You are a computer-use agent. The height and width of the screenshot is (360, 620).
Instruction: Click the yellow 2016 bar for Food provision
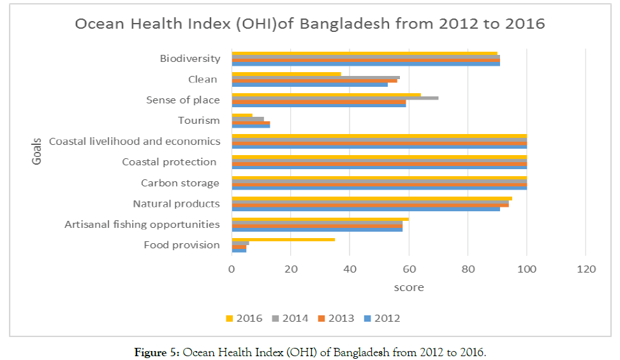click(283, 239)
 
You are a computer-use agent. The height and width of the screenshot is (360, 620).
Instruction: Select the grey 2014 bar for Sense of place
click(335, 98)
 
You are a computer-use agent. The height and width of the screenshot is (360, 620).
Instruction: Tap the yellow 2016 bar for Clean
click(286, 74)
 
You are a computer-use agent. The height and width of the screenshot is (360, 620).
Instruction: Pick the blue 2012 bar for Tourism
click(251, 126)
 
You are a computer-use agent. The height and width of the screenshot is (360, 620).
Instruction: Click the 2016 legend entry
click(244, 318)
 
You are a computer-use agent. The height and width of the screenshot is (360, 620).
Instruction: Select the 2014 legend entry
click(290, 318)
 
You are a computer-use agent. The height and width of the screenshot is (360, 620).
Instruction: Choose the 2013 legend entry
click(336, 318)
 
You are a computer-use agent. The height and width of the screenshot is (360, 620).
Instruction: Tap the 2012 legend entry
click(382, 318)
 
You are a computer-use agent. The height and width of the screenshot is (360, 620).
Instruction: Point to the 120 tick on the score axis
click(586, 269)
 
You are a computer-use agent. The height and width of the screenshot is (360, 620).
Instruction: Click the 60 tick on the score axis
click(409, 269)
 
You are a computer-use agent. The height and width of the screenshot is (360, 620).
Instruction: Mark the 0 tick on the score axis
click(232, 269)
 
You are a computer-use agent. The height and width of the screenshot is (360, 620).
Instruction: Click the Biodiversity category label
click(190, 59)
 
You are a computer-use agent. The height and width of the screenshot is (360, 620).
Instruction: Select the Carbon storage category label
click(181, 183)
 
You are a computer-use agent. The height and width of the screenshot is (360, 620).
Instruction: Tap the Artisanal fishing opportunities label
click(142, 225)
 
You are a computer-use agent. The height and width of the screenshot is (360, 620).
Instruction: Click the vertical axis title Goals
click(37, 151)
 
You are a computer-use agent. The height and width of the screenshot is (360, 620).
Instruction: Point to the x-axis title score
click(409, 288)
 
